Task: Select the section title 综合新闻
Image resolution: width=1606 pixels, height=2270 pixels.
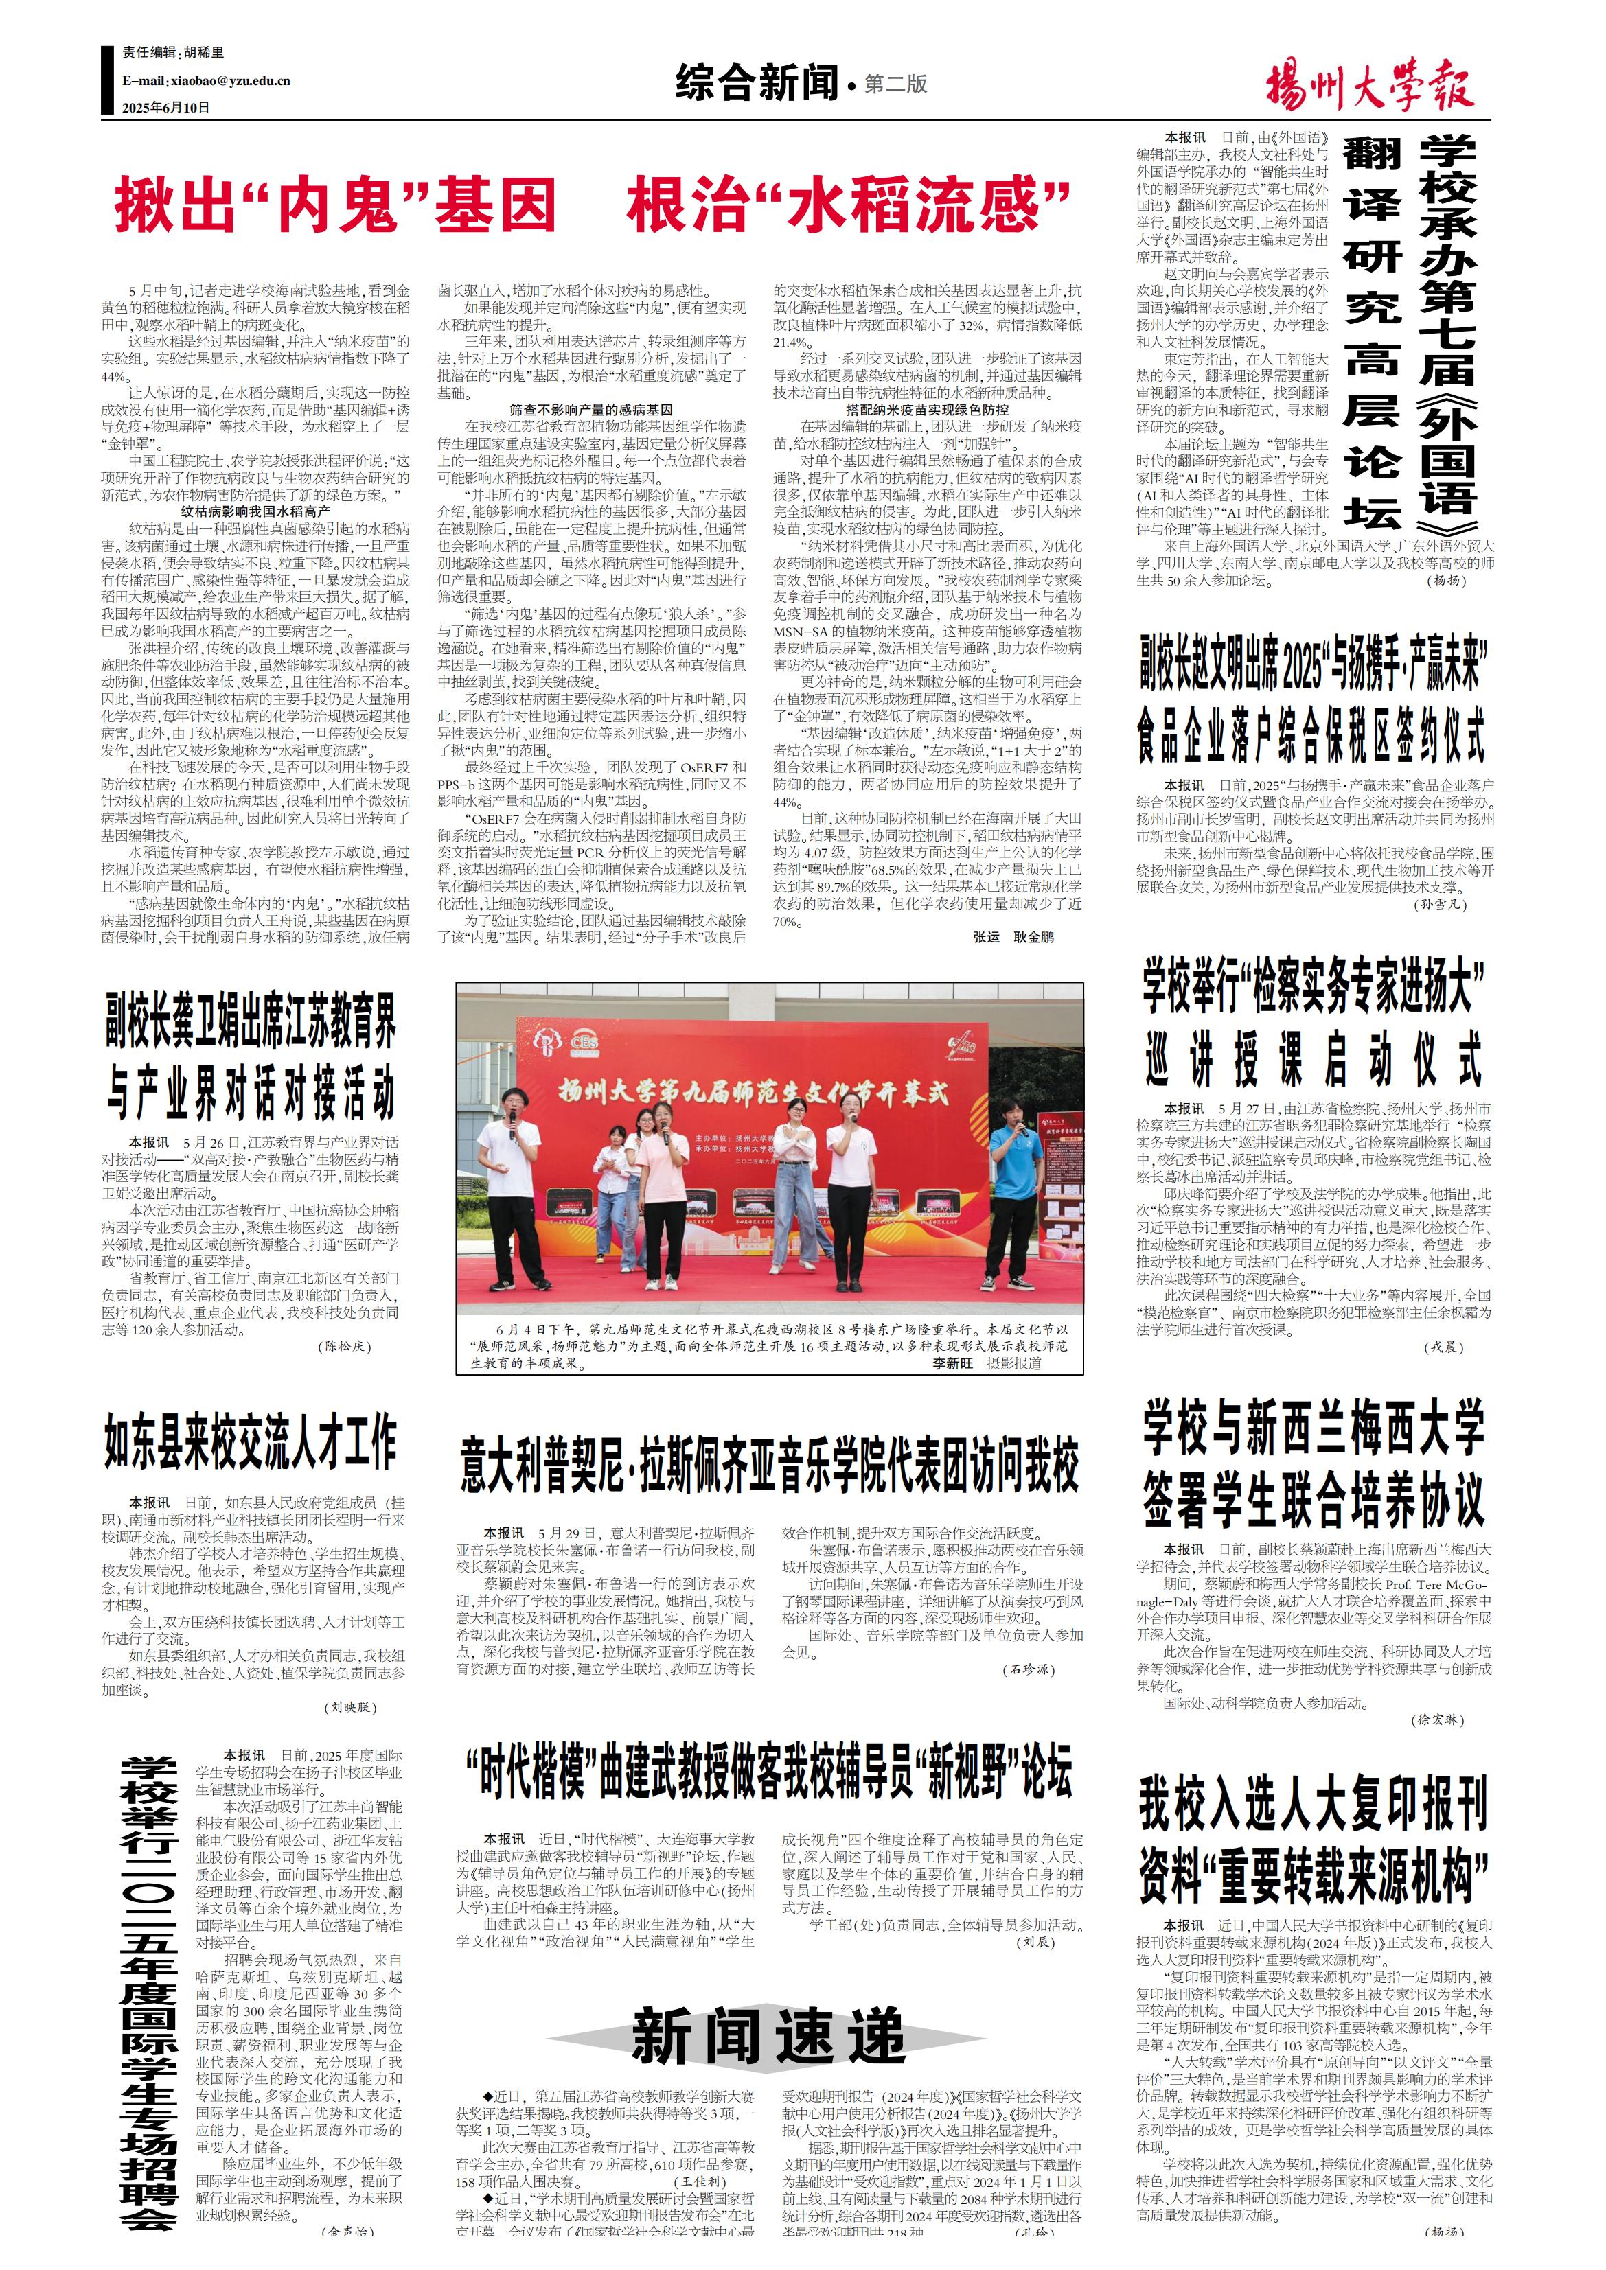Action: [757, 83]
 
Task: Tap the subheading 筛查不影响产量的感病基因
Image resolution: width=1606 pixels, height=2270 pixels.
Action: [590, 409]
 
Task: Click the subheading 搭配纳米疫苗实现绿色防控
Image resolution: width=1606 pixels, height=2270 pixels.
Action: [927, 409]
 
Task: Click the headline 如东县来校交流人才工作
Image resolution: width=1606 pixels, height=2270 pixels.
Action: [251, 1442]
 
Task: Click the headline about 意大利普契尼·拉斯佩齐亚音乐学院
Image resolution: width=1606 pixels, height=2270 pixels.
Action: [768, 1466]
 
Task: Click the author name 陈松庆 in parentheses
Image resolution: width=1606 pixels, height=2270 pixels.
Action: [345, 1345]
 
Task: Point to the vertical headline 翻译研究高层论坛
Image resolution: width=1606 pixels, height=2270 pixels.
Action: [1372, 333]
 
